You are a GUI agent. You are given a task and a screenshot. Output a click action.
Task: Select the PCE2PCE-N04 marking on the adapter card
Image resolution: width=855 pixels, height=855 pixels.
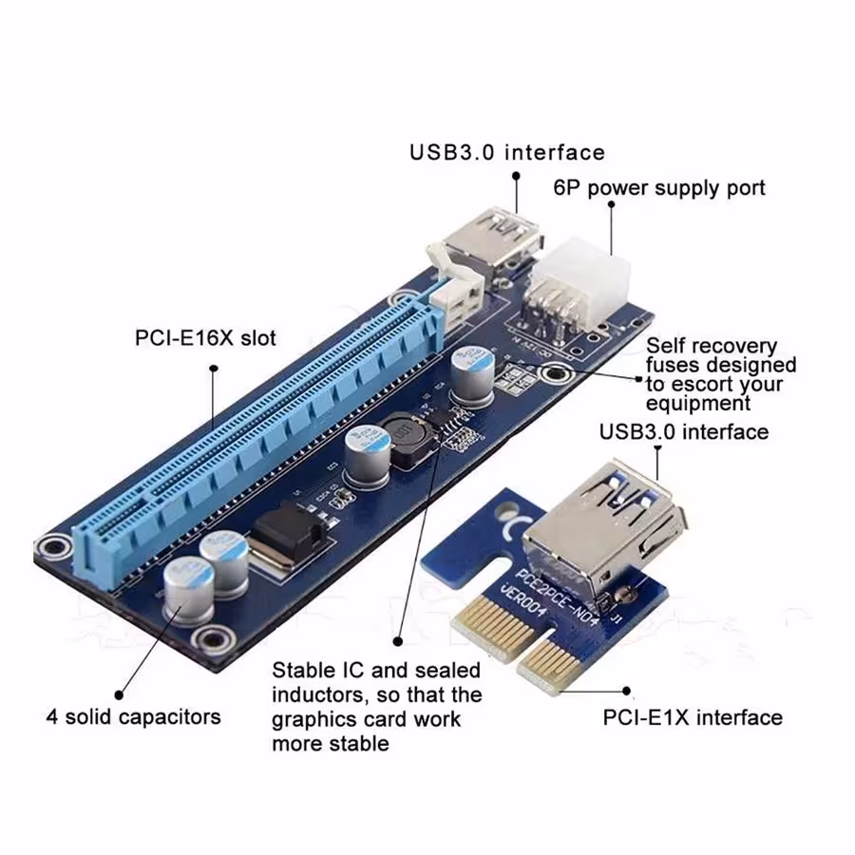[x=551, y=594]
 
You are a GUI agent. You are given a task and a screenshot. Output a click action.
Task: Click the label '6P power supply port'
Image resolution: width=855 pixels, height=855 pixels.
[x=658, y=186]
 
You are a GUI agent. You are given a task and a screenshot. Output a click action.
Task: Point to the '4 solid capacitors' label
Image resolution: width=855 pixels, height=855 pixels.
[x=133, y=715]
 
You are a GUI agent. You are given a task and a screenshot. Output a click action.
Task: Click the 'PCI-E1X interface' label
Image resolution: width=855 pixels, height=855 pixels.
[x=693, y=716]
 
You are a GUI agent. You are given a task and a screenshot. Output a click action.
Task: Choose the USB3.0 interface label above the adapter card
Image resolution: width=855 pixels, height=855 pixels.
[x=683, y=431]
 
